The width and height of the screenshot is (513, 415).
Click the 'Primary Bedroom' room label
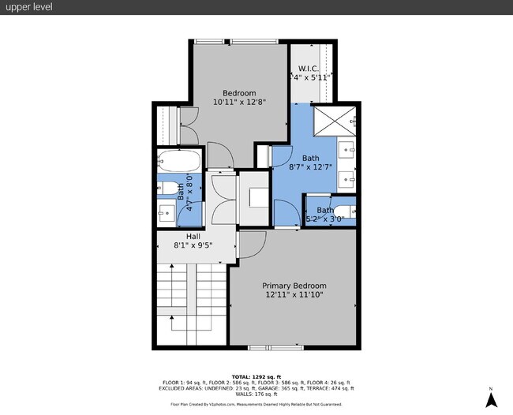294,286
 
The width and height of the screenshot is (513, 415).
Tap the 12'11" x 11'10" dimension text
294,295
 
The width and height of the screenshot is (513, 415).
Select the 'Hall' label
193,236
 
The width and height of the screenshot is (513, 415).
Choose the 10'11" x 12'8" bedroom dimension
239,102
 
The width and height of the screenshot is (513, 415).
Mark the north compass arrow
491,399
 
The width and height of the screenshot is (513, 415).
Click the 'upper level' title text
28,8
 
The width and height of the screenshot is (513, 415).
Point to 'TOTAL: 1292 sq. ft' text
256,376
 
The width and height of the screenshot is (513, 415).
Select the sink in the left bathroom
167,211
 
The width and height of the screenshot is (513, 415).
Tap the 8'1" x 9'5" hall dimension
193,245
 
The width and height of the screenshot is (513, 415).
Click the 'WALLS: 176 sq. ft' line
256,394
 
